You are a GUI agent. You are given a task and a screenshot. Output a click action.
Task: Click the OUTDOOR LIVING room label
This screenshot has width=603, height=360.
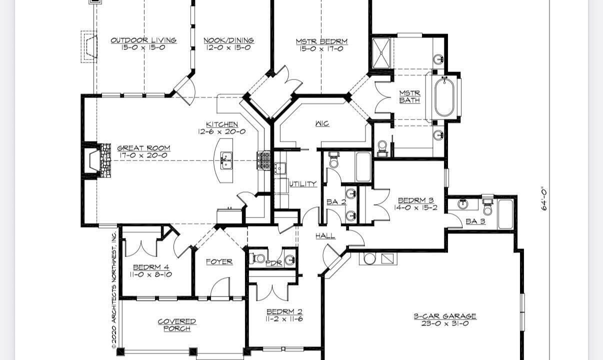[x=143, y=40]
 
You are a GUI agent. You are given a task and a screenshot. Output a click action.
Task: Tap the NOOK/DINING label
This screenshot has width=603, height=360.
[x=228, y=40]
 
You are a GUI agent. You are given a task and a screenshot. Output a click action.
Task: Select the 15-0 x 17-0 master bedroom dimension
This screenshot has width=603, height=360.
[x=321, y=49]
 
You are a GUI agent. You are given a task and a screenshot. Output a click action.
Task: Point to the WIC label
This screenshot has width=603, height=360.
[x=322, y=123]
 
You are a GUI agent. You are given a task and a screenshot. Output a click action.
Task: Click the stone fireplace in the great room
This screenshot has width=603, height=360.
[x=105, y=160]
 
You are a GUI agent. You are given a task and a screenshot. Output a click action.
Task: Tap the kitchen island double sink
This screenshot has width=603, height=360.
[x=226, y=160]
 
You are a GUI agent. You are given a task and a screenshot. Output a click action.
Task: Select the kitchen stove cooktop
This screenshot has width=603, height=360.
[x=263, y=160]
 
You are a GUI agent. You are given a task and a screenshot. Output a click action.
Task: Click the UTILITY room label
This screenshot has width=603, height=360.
[x=303, y=184]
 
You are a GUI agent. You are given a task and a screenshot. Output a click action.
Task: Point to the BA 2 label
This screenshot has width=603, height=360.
[x=336, y=202]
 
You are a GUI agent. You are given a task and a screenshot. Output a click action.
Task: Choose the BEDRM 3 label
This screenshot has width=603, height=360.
[x=415, y=200]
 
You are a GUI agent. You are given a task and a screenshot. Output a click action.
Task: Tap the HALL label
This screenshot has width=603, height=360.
[x=325, y=236]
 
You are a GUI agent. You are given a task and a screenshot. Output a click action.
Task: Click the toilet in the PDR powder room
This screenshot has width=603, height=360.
[x=258, y=258]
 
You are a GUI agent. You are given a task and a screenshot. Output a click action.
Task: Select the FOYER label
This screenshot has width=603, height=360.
[x=219, y=261]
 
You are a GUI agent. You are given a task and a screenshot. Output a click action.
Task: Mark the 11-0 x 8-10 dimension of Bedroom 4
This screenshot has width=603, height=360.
[x=151, y=274]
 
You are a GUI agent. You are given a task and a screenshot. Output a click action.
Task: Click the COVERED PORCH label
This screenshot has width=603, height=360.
[x=177, y=325]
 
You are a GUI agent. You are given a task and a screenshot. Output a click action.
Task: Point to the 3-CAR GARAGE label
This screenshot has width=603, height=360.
[x=445, y=316]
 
